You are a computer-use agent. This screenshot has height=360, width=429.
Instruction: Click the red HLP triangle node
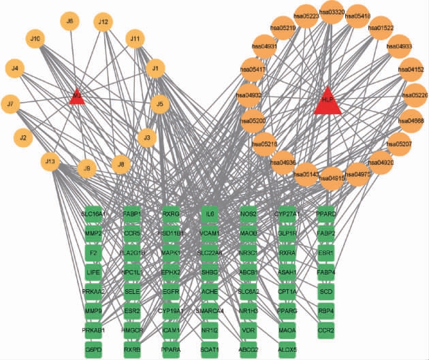pos(328,101)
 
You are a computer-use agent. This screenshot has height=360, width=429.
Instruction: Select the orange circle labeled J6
pos(69,22)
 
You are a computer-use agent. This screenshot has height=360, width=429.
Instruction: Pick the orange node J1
pos(155,68)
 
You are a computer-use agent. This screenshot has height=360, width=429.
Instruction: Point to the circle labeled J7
pos(10,104)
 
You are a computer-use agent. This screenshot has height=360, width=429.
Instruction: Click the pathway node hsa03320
pos(332,12)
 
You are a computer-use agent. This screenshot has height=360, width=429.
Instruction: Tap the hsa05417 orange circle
pos(253,69)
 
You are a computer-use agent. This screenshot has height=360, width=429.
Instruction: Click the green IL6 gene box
pos(210,214)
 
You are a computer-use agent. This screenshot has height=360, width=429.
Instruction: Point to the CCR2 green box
pos(326,330)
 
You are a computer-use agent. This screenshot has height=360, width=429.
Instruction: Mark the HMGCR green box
pos(132,330)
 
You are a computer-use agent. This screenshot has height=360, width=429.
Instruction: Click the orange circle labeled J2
pos(22,137)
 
